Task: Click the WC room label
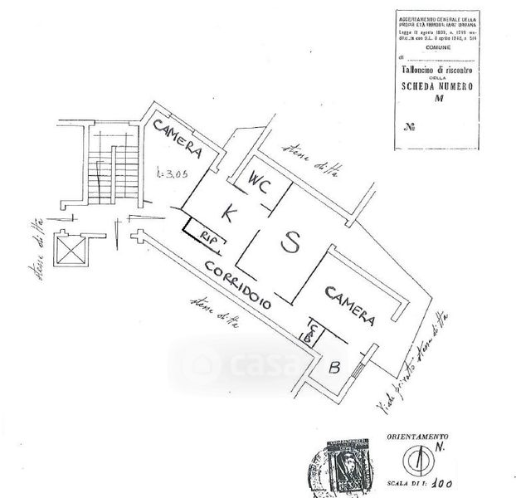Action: [x=259, y=188]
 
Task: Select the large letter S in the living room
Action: [x=290, y=242]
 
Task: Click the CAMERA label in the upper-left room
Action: [x=177, y=139]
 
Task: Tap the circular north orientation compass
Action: [x=417, y=461]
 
